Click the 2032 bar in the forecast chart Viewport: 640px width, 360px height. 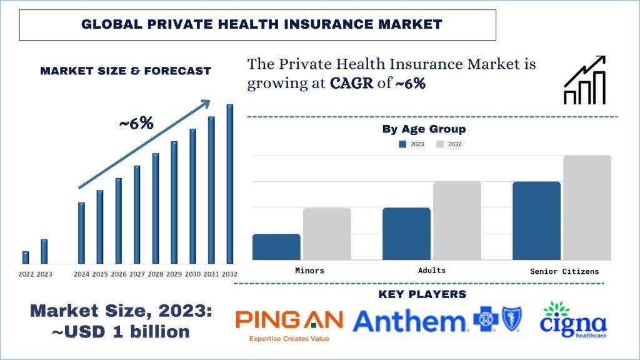(x=230, y=184)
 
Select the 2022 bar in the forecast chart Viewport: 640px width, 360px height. (x=26, y=257)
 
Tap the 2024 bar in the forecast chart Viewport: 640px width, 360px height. (x=81, y=232)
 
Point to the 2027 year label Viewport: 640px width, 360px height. (x=137, y=274)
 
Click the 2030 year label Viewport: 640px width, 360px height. (x=192, y=274)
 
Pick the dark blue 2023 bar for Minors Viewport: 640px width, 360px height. (x=276, y=247)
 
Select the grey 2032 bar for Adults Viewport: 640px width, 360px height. (x=457, y=221)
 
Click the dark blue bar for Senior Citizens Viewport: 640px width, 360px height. (x=536, y=221)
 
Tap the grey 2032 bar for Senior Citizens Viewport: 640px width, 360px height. (x=587, y=207)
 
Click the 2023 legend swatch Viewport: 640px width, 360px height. (x=402, y=144)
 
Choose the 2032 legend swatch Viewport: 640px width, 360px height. (x=440, y=144)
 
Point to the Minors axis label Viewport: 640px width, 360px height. (x=309, y=271)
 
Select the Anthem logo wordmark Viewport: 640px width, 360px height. (x=409, y=321)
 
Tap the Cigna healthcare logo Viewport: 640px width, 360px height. (x=574, y=320)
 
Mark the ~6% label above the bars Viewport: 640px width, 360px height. (x=136, y=123)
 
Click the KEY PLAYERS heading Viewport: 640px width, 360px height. (x=422, y=294)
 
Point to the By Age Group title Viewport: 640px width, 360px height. (x=424, y=129)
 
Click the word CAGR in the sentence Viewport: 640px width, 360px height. (x=353, y=84)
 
